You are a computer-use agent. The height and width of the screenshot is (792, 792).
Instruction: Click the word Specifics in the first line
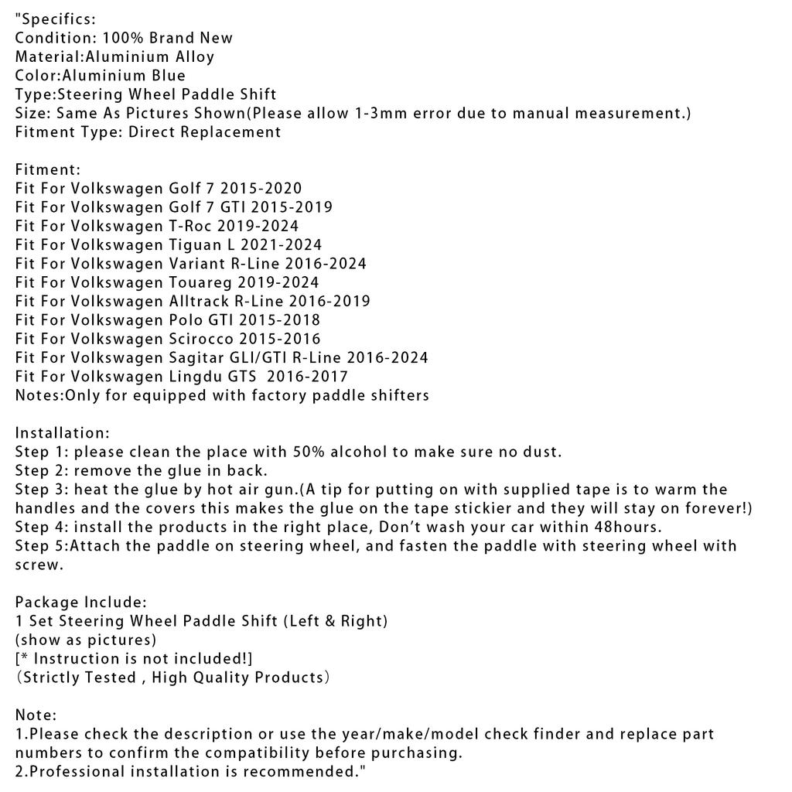tap(56, 19)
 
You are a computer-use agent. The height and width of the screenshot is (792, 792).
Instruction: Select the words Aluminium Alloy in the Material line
tap(150, 56)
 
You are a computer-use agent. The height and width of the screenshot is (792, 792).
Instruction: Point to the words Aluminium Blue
tap(124, 76)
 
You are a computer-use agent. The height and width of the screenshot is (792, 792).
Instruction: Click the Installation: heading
tap(63, 433)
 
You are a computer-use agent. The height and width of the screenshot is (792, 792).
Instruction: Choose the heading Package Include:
tap(81, 602)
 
